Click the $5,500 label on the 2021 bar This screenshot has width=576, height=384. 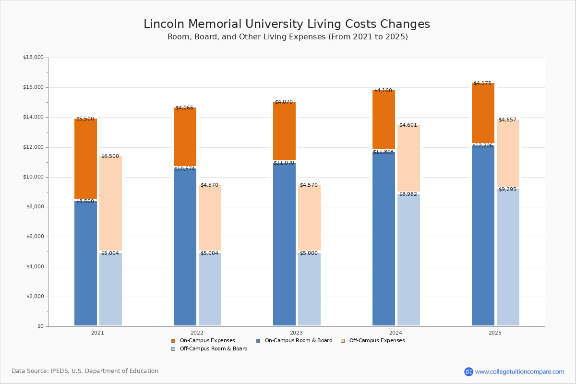tap(85, 119)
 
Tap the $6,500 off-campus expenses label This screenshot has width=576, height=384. tap(110, 156)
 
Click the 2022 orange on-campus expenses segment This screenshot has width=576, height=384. tap(185, 137)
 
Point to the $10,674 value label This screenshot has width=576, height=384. tap(184, 169)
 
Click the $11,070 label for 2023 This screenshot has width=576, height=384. tap(284, 163)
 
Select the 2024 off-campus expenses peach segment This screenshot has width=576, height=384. tap(408, 158)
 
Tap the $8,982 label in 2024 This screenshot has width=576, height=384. tap(408, 194)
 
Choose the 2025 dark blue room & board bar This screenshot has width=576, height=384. tap(483, 235)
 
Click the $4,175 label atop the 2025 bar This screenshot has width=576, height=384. tap(482, 84)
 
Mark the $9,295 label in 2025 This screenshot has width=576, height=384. tap(507, 190)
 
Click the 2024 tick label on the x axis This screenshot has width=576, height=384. tap(396, 333)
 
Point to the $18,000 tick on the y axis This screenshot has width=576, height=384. tap(33, 58)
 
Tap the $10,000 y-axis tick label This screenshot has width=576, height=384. tap(33, 177)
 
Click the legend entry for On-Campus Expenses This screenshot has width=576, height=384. tap(207, 341)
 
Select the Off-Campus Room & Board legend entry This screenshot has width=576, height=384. tap(213, 349)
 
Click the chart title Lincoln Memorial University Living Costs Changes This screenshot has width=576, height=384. tap(287, 24)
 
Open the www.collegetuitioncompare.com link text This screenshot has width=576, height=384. tap(519, 372)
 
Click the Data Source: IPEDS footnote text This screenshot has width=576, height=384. tap(85, 371)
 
